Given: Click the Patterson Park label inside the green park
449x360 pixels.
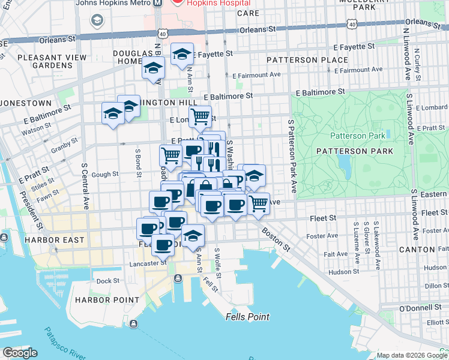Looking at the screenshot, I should (358, 136).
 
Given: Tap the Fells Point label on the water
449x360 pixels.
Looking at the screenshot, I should (247, 317).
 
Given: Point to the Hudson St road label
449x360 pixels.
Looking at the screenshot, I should (343, 272).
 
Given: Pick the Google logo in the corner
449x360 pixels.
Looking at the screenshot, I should (19, 353).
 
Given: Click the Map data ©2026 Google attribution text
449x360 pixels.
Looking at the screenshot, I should (411, 355).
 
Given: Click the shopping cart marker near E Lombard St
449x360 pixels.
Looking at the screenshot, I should (200, 116).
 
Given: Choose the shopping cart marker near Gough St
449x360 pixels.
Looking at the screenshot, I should (170, 155).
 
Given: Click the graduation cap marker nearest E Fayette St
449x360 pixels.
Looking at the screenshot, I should (182, 55).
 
